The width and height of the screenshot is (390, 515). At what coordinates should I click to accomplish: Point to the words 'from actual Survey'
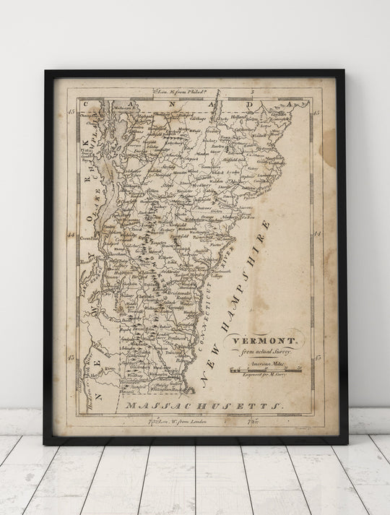tap(263, 351)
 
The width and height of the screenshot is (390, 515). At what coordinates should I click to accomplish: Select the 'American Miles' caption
tap(264, 365)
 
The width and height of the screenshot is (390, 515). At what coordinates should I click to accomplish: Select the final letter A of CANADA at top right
tap(287, 104)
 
